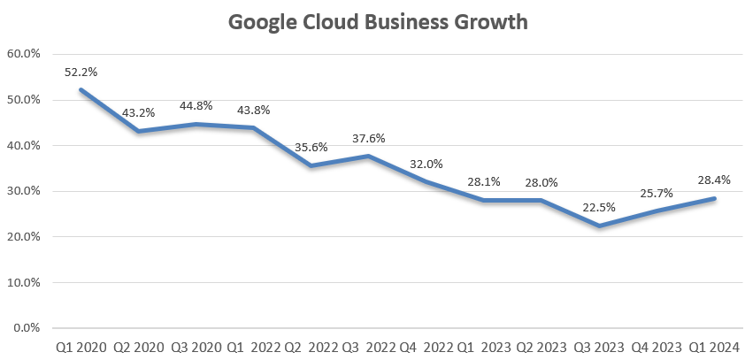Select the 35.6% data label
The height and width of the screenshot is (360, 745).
tap(311, 148)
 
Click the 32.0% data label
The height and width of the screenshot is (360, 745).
tap(426, 164)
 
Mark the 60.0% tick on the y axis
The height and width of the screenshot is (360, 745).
tap(24, 53)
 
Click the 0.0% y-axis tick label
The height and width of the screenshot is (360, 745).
tap(27, 328)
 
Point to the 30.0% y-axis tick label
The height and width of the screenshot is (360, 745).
tap(24, 191)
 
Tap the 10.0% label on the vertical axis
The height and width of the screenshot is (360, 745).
tap(24, 282)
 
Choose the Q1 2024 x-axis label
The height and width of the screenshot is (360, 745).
tap(714, 347)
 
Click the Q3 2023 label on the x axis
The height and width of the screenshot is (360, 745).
tap(599, 347)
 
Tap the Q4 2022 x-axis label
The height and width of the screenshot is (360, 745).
tap(426, 347)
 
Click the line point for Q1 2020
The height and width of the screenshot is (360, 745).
tap(81, 89)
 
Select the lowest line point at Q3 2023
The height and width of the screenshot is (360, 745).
tap(600, 226)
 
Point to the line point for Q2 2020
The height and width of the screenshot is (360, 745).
tap(138, 131)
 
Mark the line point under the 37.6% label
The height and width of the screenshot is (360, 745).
tap(369, 157)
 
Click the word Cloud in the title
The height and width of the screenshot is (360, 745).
tap(323, 22)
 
